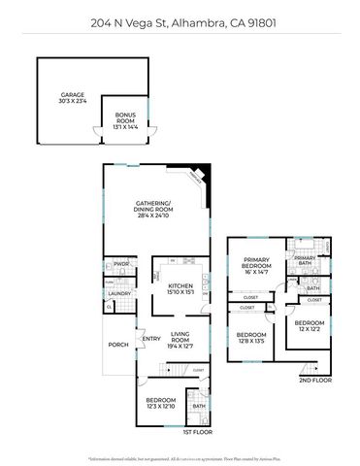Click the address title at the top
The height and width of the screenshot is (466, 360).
[180, 20]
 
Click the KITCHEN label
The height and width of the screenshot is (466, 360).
[181, 286]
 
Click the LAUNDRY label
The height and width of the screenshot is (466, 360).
[118, 293]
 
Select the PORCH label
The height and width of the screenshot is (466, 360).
[117, 344]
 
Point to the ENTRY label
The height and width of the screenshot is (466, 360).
[150, 338]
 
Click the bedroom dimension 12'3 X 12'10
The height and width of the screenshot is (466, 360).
[160, 407]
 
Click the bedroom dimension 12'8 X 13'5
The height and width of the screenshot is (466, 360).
[250, 341]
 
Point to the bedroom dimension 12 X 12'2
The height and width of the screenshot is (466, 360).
[310, 328]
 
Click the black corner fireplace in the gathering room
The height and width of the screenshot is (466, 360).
[202, 170]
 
